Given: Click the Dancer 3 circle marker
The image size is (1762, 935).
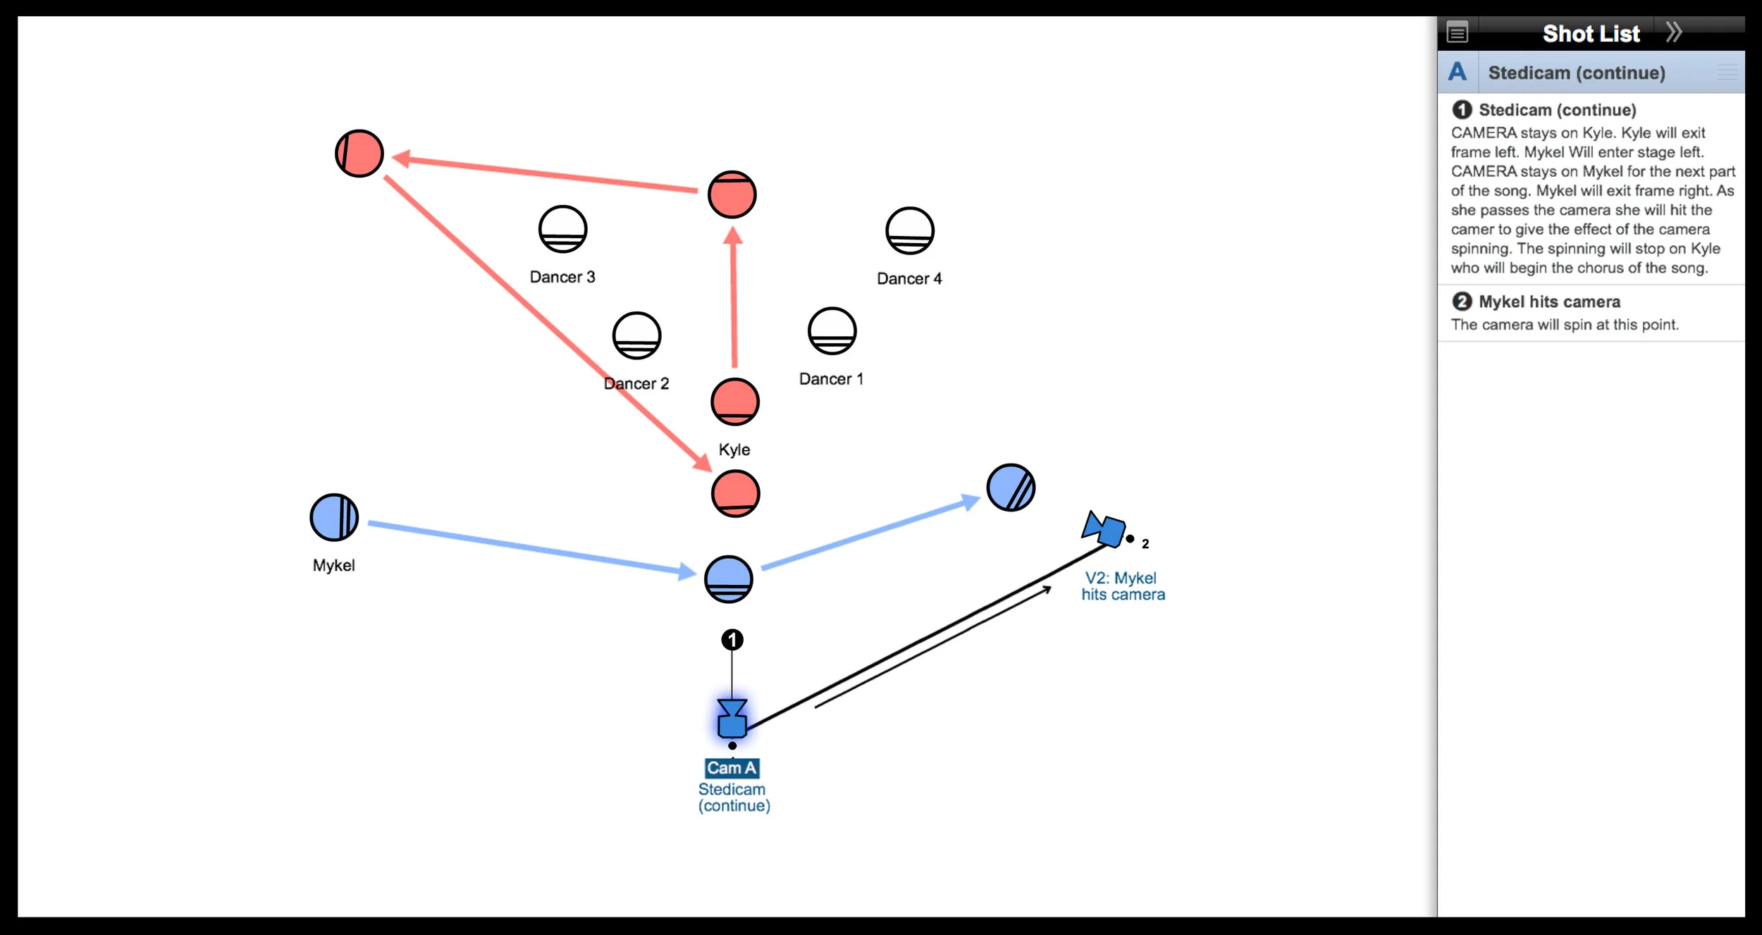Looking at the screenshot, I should [562, 229].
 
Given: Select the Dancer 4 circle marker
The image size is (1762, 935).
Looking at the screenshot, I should [909, 230].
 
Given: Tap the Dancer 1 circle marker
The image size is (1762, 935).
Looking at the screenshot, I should [832, 330].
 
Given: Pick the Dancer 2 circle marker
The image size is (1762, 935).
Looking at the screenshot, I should [636, 335].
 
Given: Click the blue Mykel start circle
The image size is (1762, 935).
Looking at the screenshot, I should [334, 517].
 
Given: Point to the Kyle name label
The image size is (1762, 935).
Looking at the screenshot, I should [734, 450].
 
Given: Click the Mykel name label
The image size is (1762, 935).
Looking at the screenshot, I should [333, 565].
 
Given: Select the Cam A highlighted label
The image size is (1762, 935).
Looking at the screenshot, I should [732, 768].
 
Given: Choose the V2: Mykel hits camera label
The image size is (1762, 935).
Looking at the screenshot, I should [1123, 586].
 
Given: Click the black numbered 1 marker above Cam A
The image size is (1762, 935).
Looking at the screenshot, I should [732, 640].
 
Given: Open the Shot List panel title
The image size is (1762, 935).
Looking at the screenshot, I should [1591, 34].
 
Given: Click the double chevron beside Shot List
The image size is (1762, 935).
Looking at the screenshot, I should [1674, 32].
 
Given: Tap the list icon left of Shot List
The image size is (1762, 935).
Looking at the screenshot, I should [1457, 32].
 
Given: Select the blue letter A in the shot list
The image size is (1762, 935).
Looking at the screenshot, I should [1457, 72].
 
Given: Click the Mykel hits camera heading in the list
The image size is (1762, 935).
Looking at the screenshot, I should [1548, 302].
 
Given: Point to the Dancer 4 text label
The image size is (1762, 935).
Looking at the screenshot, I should [908, 279].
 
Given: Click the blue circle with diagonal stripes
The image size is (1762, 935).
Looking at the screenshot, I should [1010, 488].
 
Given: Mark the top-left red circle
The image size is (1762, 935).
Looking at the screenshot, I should [359, 154].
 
